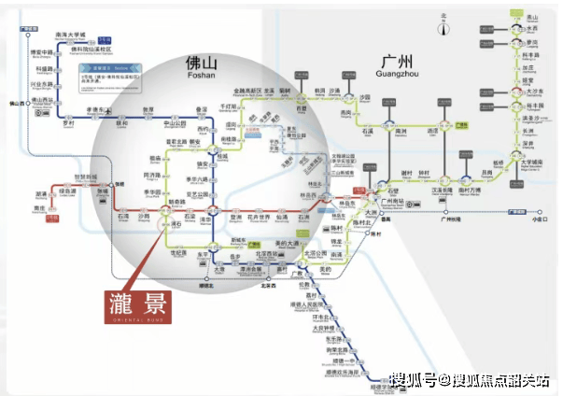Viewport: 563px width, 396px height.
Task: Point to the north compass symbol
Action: click(445, 25)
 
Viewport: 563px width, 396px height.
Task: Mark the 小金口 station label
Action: click(538, 220)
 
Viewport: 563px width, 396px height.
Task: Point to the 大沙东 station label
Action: click(533, 92)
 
